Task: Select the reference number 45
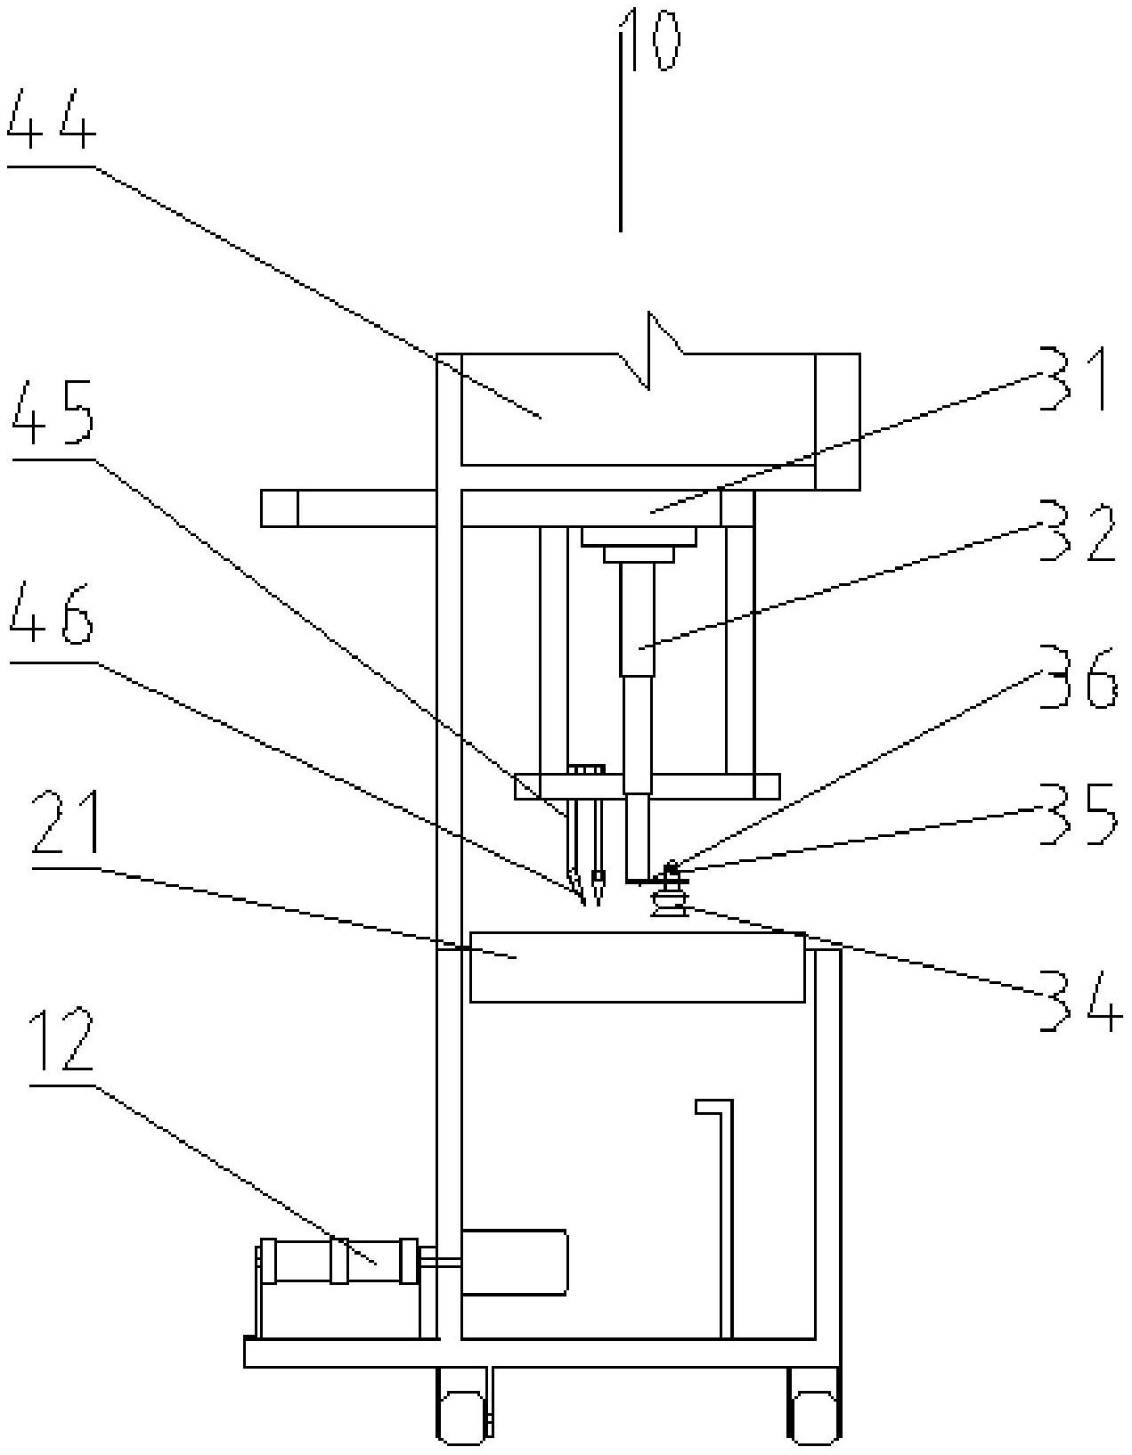tap(53, 411)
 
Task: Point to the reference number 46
tap(52, 614)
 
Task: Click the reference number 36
tap(1079, 677)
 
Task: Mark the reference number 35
tap(1079, 813)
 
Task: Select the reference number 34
tap(1080, 1002)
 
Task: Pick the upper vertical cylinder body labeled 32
tap(638, 619)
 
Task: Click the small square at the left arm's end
tap(279, 508)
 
